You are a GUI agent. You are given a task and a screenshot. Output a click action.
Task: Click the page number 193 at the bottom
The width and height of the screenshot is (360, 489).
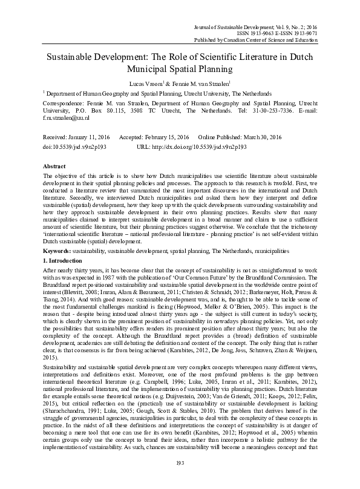[x=180, y=479]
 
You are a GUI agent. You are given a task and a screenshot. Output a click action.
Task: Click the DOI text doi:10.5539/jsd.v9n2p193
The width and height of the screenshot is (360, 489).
[x=76, y=147]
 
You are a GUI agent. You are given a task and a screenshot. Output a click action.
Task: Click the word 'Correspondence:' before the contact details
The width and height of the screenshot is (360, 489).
[x=64, y=104]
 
